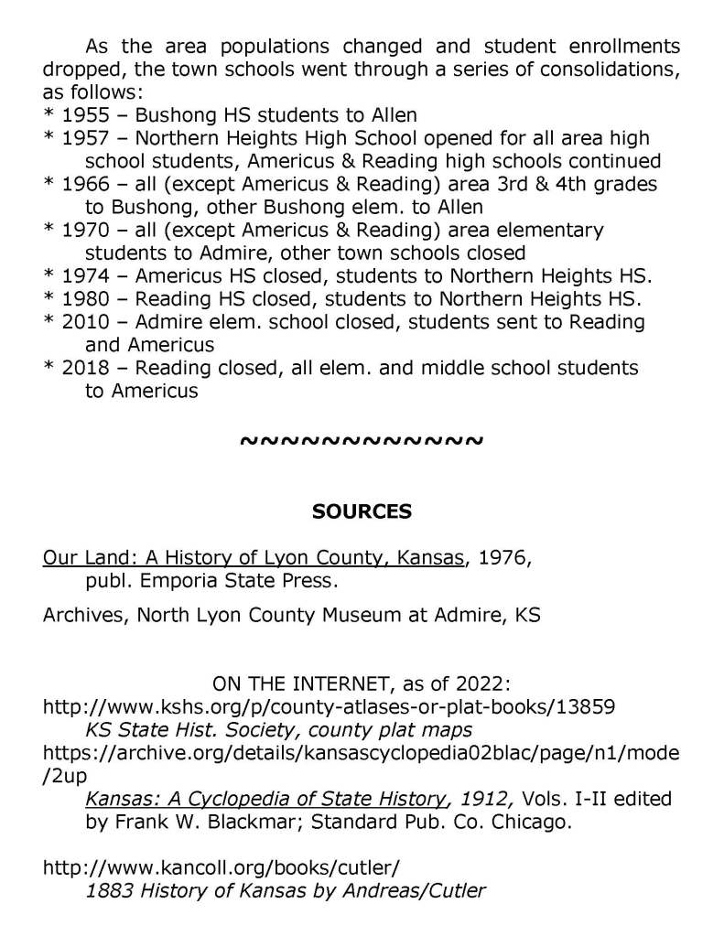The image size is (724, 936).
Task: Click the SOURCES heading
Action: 362,512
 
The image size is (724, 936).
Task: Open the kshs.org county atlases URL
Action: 329,706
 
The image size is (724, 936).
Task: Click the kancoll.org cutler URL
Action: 221,866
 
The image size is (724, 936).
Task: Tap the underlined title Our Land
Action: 253,557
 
